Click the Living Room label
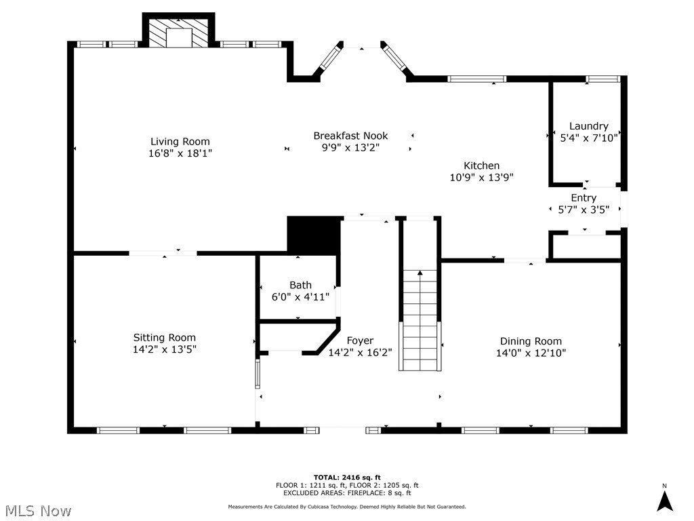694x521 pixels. [x=180, y=142]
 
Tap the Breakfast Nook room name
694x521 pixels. [x=350, y=136]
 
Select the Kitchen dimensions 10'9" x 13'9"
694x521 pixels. [x=481, y=178]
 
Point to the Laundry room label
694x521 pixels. [x=588, y=126]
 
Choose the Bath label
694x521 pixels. [x=300, y=285]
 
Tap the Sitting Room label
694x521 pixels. [x=164, y=338]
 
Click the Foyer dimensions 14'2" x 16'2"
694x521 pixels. [x=360, y=353]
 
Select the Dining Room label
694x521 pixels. [x=531, y=341]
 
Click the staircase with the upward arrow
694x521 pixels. [x=420, y=319]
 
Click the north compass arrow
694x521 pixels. [x=665, y=501]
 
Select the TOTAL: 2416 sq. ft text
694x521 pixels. [x=346, y=477]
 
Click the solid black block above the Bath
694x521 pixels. [x=313, y=235]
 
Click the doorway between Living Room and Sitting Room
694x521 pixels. [x=163, y=253]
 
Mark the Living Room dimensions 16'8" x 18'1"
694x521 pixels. [x=180, y=153]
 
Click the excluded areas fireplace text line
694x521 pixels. [x=346, y=493]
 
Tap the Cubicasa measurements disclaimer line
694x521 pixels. [x=346, y=507]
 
